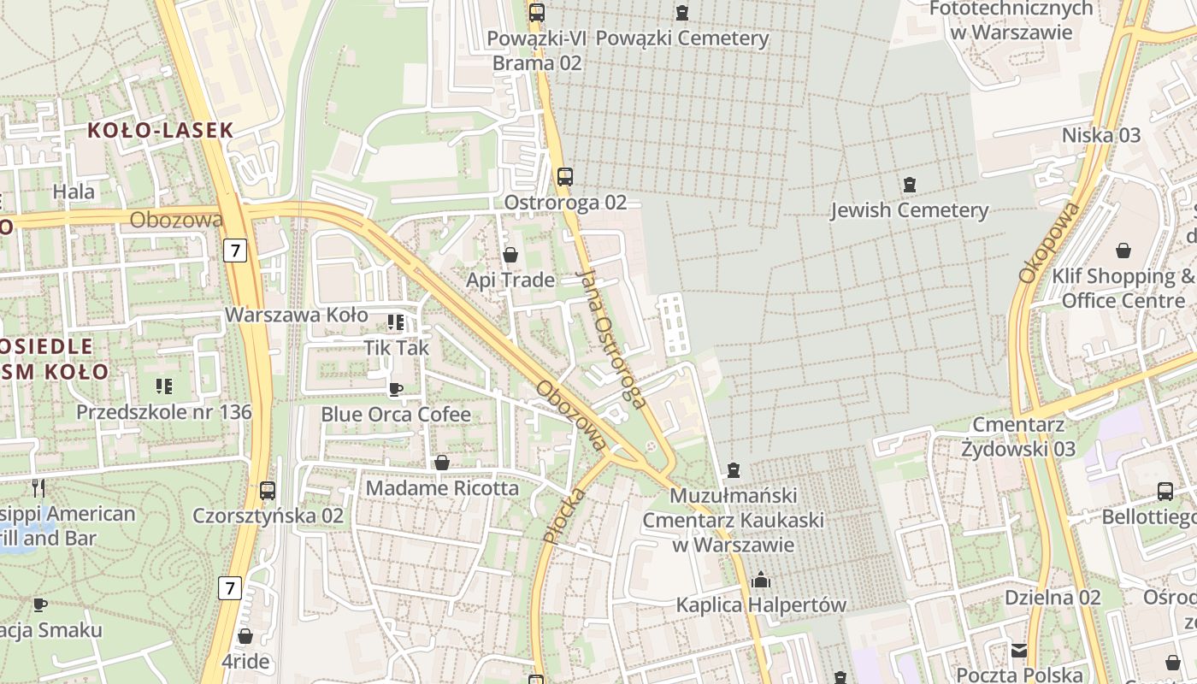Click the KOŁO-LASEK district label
161,130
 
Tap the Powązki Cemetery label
682,38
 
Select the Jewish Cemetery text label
909,210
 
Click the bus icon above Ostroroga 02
564,177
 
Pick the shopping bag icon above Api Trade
510,255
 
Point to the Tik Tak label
397,348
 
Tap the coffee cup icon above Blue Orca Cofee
395,389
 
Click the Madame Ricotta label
442,488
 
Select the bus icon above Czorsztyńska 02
268,491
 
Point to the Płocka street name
564,515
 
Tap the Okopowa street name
1047,243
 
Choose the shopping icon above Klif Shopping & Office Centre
1123,251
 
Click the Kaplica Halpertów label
761,605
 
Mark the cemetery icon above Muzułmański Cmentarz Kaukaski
733,470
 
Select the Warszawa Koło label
296,315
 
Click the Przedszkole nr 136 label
164,412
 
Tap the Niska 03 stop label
1101,135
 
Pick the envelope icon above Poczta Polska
1018,651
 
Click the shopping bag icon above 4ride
245,636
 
